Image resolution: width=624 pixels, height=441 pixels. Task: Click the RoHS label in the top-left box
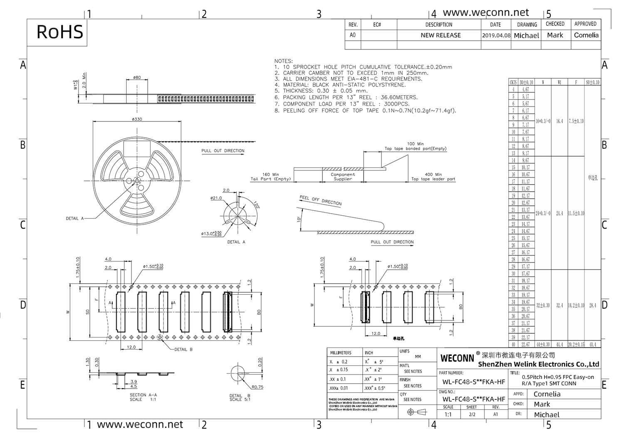pyautogui.click(x=59, y=32)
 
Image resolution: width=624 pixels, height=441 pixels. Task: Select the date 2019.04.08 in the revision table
pyautogui.click(x=496, y=35)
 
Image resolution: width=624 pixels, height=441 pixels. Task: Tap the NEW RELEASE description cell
pyautogui.click(x=440, y=35)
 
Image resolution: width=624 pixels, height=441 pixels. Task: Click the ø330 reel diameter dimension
pyautogui.click(x=137, y=119)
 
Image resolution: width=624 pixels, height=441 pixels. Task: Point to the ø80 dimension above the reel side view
pyautogui.click(x=137, y=77)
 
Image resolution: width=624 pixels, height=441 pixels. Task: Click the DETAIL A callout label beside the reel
pyautogui.click(x=75, y=218)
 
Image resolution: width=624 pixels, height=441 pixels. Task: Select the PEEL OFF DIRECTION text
pyautogui.click(x=320, y=200)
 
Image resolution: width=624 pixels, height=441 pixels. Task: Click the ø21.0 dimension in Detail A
pyautogui.click(x=216, y=198)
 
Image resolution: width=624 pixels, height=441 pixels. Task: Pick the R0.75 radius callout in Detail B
pyautogui.click(x=258, y=387)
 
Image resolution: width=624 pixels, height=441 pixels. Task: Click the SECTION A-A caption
pyautogui.click(x=143, y=395)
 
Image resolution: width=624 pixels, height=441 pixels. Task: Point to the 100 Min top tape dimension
pyautogui.click(x=415, y=144)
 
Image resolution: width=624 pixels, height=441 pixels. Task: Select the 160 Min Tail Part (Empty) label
pyautogui.click(x=270, y=177)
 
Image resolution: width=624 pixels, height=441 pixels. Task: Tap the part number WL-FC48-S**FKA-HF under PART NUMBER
pyautogui.click(x=473, y=382)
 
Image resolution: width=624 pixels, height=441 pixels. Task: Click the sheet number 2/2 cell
pyautogui.click(x=472, y=414)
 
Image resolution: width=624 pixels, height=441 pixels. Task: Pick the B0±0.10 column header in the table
pyautogui.click(x=526, y=82)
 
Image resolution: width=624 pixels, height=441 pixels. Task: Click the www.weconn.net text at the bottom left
pyautogui.click(x=140, y=424)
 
